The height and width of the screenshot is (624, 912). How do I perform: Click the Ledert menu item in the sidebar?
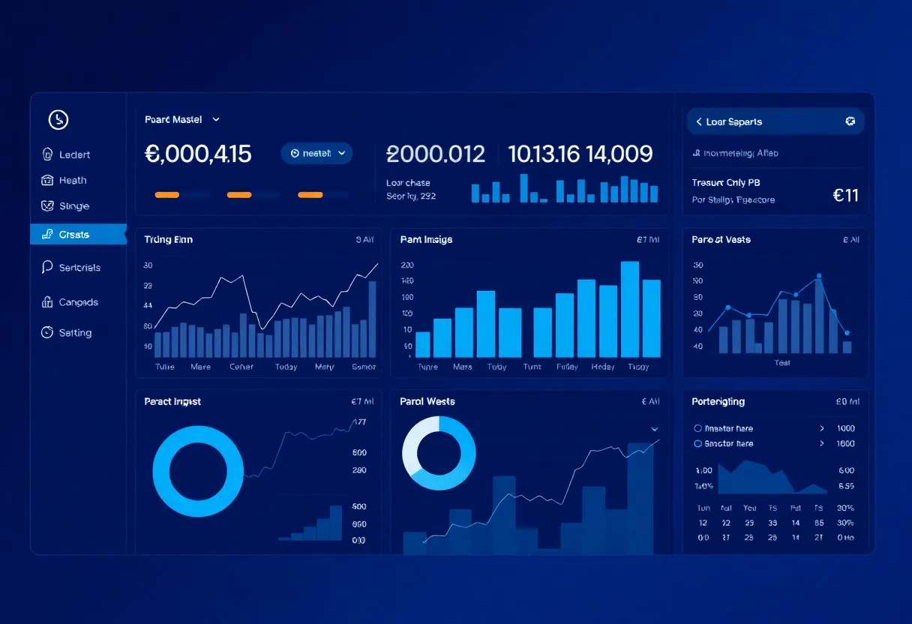(x=74, y=154)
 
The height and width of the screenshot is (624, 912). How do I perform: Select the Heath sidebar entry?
(x=73, y=180)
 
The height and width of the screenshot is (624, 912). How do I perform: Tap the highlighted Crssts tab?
(x=74, y=235)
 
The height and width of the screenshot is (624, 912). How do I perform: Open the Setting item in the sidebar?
(x=75, y=332)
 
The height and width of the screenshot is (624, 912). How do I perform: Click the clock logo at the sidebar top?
(x=58, y=119)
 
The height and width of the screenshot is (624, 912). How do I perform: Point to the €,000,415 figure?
(x=198, y=154)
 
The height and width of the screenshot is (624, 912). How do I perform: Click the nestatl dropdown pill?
(x=316, y=153)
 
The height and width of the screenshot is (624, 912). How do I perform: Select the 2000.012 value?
(x=436, y=154)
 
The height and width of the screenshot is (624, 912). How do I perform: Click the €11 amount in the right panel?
(x=845, y=195)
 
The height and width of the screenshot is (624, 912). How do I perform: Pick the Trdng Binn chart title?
(x=168, y=239)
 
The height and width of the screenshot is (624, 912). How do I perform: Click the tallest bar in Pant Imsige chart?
(x=630, y=309)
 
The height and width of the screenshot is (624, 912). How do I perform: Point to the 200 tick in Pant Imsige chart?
(x=408, y=265)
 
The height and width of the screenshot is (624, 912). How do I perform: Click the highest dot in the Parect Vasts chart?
(x=819, y=276)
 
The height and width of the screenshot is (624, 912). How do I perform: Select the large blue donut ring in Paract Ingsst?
(x=198, y=472)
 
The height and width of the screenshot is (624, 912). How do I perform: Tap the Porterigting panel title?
(x=718, y=401)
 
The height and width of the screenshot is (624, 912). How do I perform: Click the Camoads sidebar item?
(x=78, y=302)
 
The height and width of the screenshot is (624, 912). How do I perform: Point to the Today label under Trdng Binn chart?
(x=286, y=367)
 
